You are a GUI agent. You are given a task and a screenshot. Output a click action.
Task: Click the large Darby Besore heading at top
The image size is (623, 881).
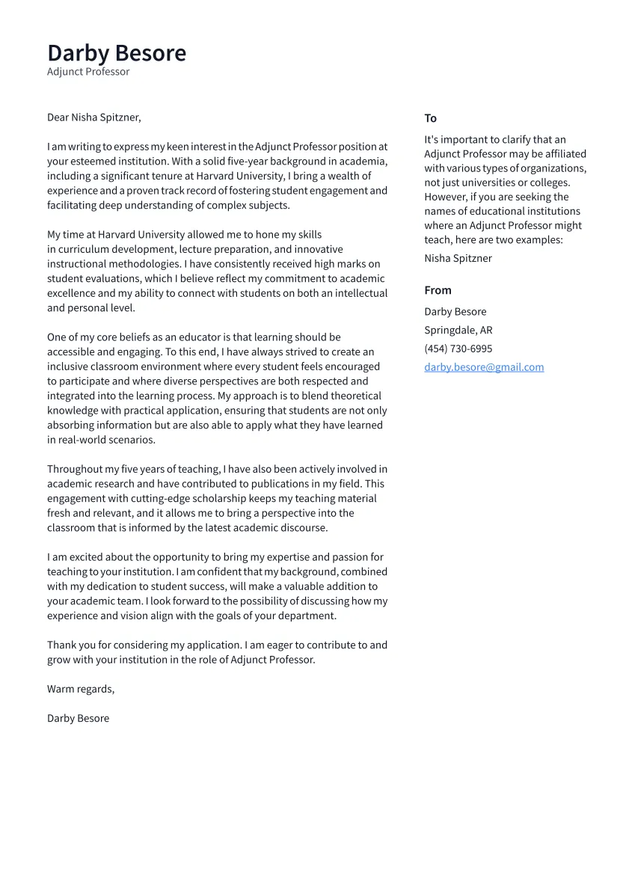click(117, 53)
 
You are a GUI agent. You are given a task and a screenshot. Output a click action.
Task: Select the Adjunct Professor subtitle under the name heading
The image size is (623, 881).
click(88, 72)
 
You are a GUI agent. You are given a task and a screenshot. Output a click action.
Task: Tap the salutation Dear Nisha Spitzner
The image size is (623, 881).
click(93, 117)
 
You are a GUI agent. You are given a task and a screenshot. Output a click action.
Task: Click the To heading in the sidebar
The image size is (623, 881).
click(430, 118)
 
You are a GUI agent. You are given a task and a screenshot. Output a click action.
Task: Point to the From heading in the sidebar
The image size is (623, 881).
click(438, 290)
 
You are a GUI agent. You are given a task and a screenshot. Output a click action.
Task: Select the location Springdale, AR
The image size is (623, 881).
click(458, 330)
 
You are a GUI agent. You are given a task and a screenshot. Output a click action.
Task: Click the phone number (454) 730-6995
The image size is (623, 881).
click(458, 349)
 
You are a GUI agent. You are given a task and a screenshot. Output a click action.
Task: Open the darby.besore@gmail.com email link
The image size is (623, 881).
click(484, 367)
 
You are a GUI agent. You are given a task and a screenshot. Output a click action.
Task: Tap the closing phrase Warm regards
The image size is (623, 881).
click(80, 689)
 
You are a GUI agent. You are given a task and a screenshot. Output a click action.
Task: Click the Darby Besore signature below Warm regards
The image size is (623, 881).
click(78, 718)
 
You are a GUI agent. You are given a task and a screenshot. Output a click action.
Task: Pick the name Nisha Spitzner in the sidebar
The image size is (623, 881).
click(458, 258)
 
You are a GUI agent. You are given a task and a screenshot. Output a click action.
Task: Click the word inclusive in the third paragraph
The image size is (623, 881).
click(70, 366)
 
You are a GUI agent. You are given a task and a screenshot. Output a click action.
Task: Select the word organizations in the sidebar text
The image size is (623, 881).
click(553, 168)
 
